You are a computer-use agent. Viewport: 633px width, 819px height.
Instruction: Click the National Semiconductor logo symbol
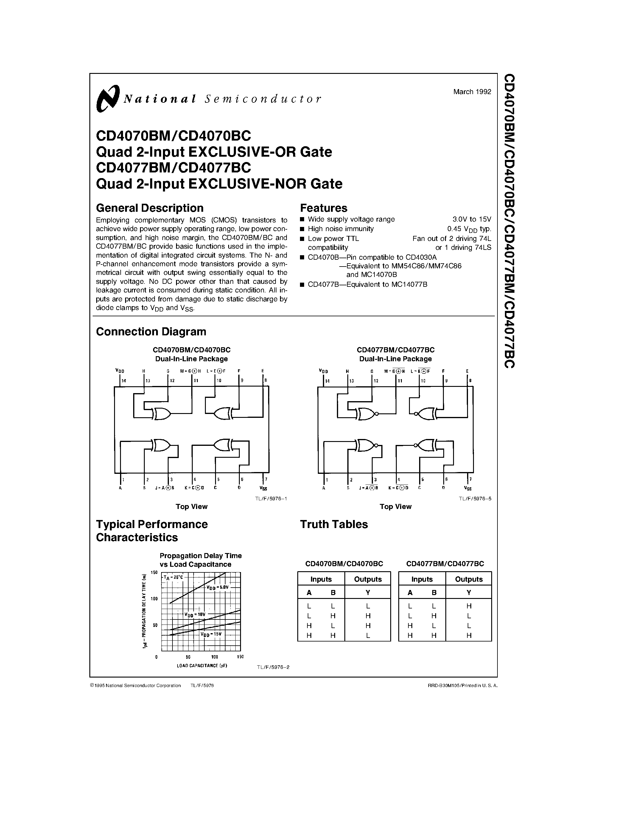108,99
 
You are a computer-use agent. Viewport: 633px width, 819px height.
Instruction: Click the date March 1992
472,91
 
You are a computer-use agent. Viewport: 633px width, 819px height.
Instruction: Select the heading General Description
150,208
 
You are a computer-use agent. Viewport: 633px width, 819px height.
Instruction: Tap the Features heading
324,208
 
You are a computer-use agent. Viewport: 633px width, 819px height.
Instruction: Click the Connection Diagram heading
151,331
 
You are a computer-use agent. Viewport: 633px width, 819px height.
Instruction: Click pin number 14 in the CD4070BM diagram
124,381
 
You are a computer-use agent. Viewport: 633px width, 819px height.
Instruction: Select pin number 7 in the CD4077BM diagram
470,479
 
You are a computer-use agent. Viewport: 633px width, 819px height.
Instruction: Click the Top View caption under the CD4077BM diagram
395,507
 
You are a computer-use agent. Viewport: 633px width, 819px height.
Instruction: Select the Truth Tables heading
334,524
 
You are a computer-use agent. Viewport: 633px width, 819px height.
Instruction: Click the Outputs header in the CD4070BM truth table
368,579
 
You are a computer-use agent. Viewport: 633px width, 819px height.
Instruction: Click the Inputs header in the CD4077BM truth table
422,579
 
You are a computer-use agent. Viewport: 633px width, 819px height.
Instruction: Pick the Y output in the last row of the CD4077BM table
469,635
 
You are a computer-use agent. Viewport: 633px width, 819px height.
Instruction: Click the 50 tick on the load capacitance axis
188,657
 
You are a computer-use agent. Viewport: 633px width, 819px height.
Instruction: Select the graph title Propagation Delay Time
201,556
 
